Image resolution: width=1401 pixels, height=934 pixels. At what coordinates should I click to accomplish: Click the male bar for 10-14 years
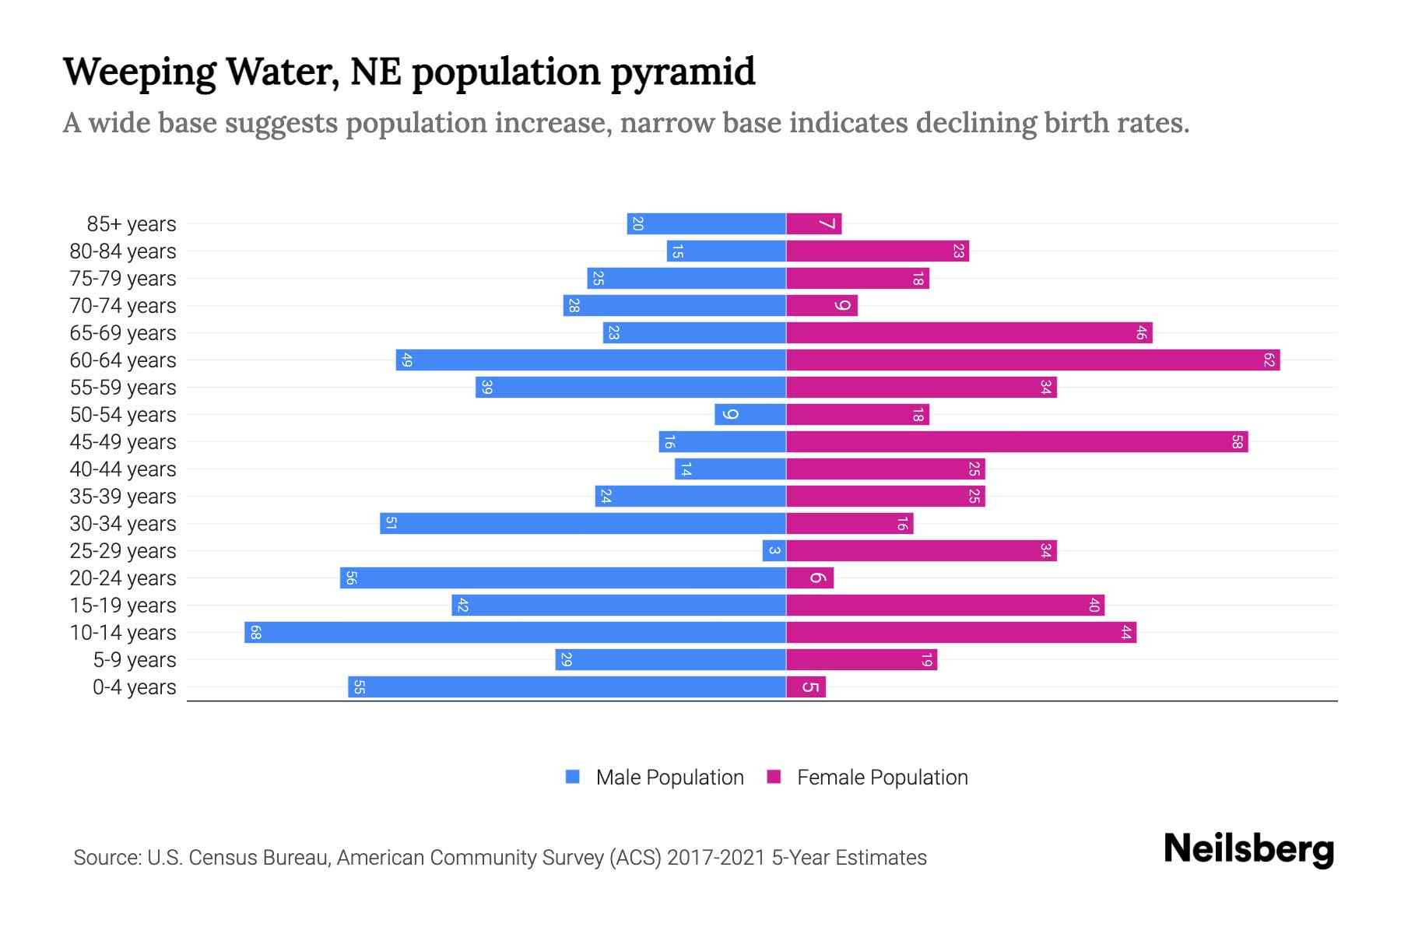(x=515, y=632)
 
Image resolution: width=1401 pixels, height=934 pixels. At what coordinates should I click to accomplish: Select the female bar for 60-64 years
(x=1033, y=360)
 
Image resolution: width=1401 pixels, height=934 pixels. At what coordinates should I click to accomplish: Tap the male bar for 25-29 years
(x=774, y=550)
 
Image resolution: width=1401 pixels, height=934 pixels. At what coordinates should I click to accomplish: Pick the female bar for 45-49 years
(x=1017, y=441)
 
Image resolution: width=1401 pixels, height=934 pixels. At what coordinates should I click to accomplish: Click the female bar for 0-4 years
(x=806, y=686)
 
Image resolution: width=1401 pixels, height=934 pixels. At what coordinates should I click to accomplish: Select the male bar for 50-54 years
(x=750, y=414)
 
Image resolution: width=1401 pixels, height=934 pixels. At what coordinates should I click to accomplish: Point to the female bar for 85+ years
(x=813, y=223)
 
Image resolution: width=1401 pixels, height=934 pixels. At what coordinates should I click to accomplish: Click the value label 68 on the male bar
(x=255, y=632)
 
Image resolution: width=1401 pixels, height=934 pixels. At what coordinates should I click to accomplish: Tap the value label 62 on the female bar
(x=1269, y=360)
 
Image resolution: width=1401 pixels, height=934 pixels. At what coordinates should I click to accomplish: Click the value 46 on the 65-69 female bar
(x=1141, y=332)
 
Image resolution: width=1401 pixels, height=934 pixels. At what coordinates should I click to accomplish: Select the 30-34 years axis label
(x=123, y=524)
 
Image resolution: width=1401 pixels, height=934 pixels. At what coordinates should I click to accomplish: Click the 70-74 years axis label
(x=123, y=306)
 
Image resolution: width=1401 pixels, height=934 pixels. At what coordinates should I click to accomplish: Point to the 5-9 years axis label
(x=134, y=660)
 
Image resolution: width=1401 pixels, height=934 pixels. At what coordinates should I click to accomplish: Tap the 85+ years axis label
(x=132, y=224)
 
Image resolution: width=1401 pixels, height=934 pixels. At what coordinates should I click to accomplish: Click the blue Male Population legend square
(x=573, y=777)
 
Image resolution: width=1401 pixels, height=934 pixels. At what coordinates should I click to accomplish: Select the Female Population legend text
(x=882, y=778)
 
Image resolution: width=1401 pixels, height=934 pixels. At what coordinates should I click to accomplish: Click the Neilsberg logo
(x=1248, y=848)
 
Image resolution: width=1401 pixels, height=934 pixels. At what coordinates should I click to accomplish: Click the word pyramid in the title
(x=683, y=72)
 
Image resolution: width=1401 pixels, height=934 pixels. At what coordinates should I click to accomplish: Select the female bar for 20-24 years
(x=809, y=578)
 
